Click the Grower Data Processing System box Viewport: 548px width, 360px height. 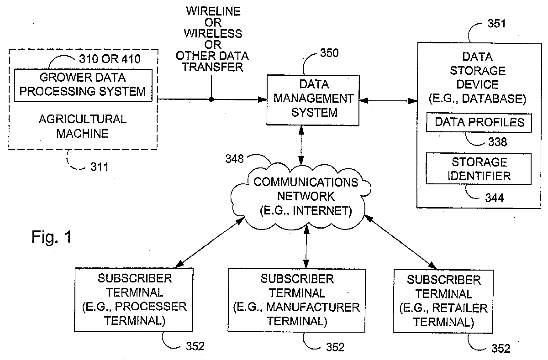[x=83, y=85]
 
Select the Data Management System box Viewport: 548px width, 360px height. [x=313, y=100]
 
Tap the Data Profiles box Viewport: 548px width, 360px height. [x=479, y=122]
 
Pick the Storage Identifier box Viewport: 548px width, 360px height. [x=479, y=169]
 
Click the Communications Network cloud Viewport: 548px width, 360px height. [x=301, y=197]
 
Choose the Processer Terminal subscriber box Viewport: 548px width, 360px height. [x=133, y=300]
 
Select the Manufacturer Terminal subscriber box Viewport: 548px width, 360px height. [x=296, y=300]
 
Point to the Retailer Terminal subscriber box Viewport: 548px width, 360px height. [x=443, y=301]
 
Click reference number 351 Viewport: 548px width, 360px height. [x=496, y=24]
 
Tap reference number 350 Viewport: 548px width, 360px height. [x=329, y=53]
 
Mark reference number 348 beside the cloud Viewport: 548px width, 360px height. [x=234, y=159]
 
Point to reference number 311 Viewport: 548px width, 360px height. [x=100, y=167]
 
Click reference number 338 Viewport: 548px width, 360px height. [x=497, y=142]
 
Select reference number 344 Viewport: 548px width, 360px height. [x=495, y=198]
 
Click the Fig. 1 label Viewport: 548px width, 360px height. [x=52, y=237]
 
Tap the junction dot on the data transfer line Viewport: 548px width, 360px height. [x=211, y=99]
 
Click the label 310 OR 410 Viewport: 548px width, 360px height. [x=110, y=59]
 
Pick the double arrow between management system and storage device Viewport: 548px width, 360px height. [x=389, y=100]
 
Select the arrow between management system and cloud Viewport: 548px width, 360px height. [x=301, y=146]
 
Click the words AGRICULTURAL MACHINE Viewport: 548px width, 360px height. [x=83, y=126]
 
